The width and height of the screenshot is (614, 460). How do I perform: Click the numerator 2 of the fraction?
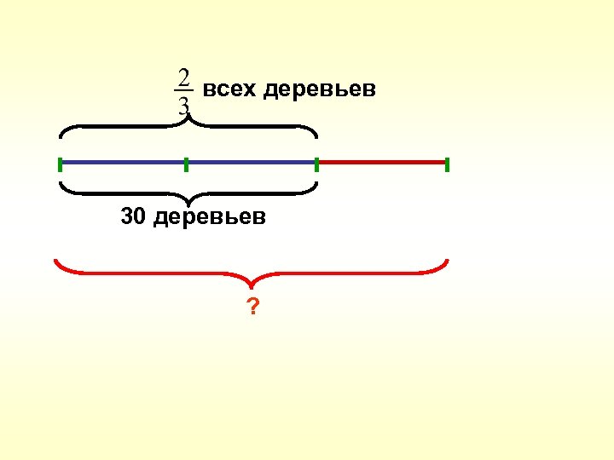(x=183, y=78)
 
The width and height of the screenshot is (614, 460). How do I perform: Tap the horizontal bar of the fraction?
(x=183, y=91)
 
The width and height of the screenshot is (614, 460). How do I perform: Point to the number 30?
(x=134, y=217)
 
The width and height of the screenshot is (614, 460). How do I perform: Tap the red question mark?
(x=252, y=306)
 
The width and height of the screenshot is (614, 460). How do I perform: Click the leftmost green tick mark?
(x=61, y=164)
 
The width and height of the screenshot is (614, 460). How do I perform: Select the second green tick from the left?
(x=185, y=164)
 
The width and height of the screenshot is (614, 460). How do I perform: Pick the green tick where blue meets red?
(x=316, y=164)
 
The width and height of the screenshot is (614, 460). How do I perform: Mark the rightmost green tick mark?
(x=447, y=164)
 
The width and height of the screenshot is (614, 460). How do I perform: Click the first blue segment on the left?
(x=123, y=162)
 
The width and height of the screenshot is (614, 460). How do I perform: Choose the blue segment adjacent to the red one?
(x=251, y=162)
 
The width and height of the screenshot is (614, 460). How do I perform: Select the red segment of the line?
(x=382, y=161)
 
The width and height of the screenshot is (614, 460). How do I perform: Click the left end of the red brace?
(x=56, y=261)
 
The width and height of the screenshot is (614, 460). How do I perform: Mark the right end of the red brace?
(x=447, y=261)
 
